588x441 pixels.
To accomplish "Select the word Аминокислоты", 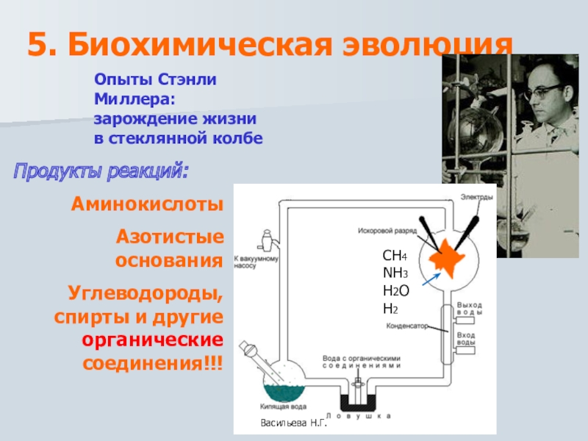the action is click(x=147, y=204).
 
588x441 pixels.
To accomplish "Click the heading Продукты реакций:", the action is click(x=101, y=173).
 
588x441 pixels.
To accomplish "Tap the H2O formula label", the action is click(x=395, y=291).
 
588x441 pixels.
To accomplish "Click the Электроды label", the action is click(x=478, y=196).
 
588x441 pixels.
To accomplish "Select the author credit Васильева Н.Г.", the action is click(x=293, y=424).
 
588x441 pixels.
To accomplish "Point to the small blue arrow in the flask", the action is click(x=433, y=278).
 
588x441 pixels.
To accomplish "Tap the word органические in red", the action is click(x=152, y=342).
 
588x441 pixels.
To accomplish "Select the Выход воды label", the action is click(x=470, y=309).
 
